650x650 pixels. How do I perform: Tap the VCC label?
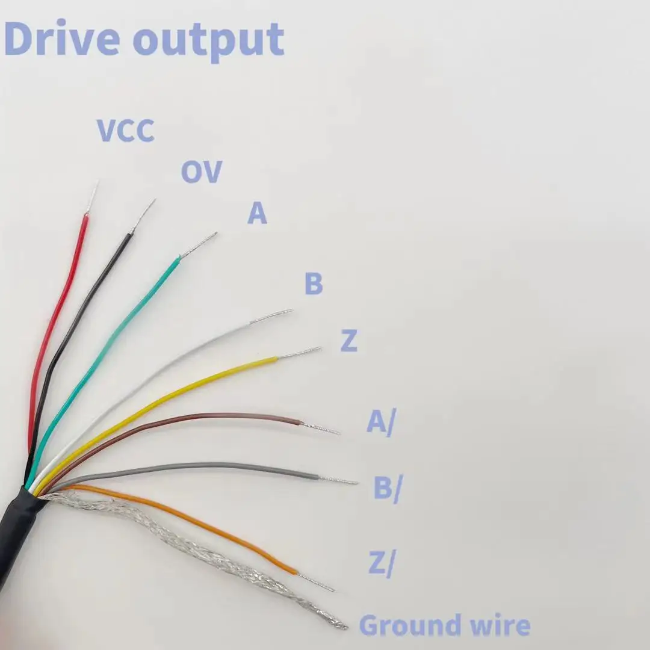[x=126, y=131]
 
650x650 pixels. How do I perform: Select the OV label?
[x=202, y=172]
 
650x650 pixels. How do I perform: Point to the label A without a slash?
[x=257, y=214]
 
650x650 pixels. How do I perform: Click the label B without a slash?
[x=314, y=283]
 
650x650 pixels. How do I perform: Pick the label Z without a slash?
[x=349, y=341]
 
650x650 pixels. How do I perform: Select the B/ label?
[x=387, y=488]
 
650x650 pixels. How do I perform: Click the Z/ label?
[x=381, y=565]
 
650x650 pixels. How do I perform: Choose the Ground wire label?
[x=444, y=626]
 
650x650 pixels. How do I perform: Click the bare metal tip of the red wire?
[x=93, y=196]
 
